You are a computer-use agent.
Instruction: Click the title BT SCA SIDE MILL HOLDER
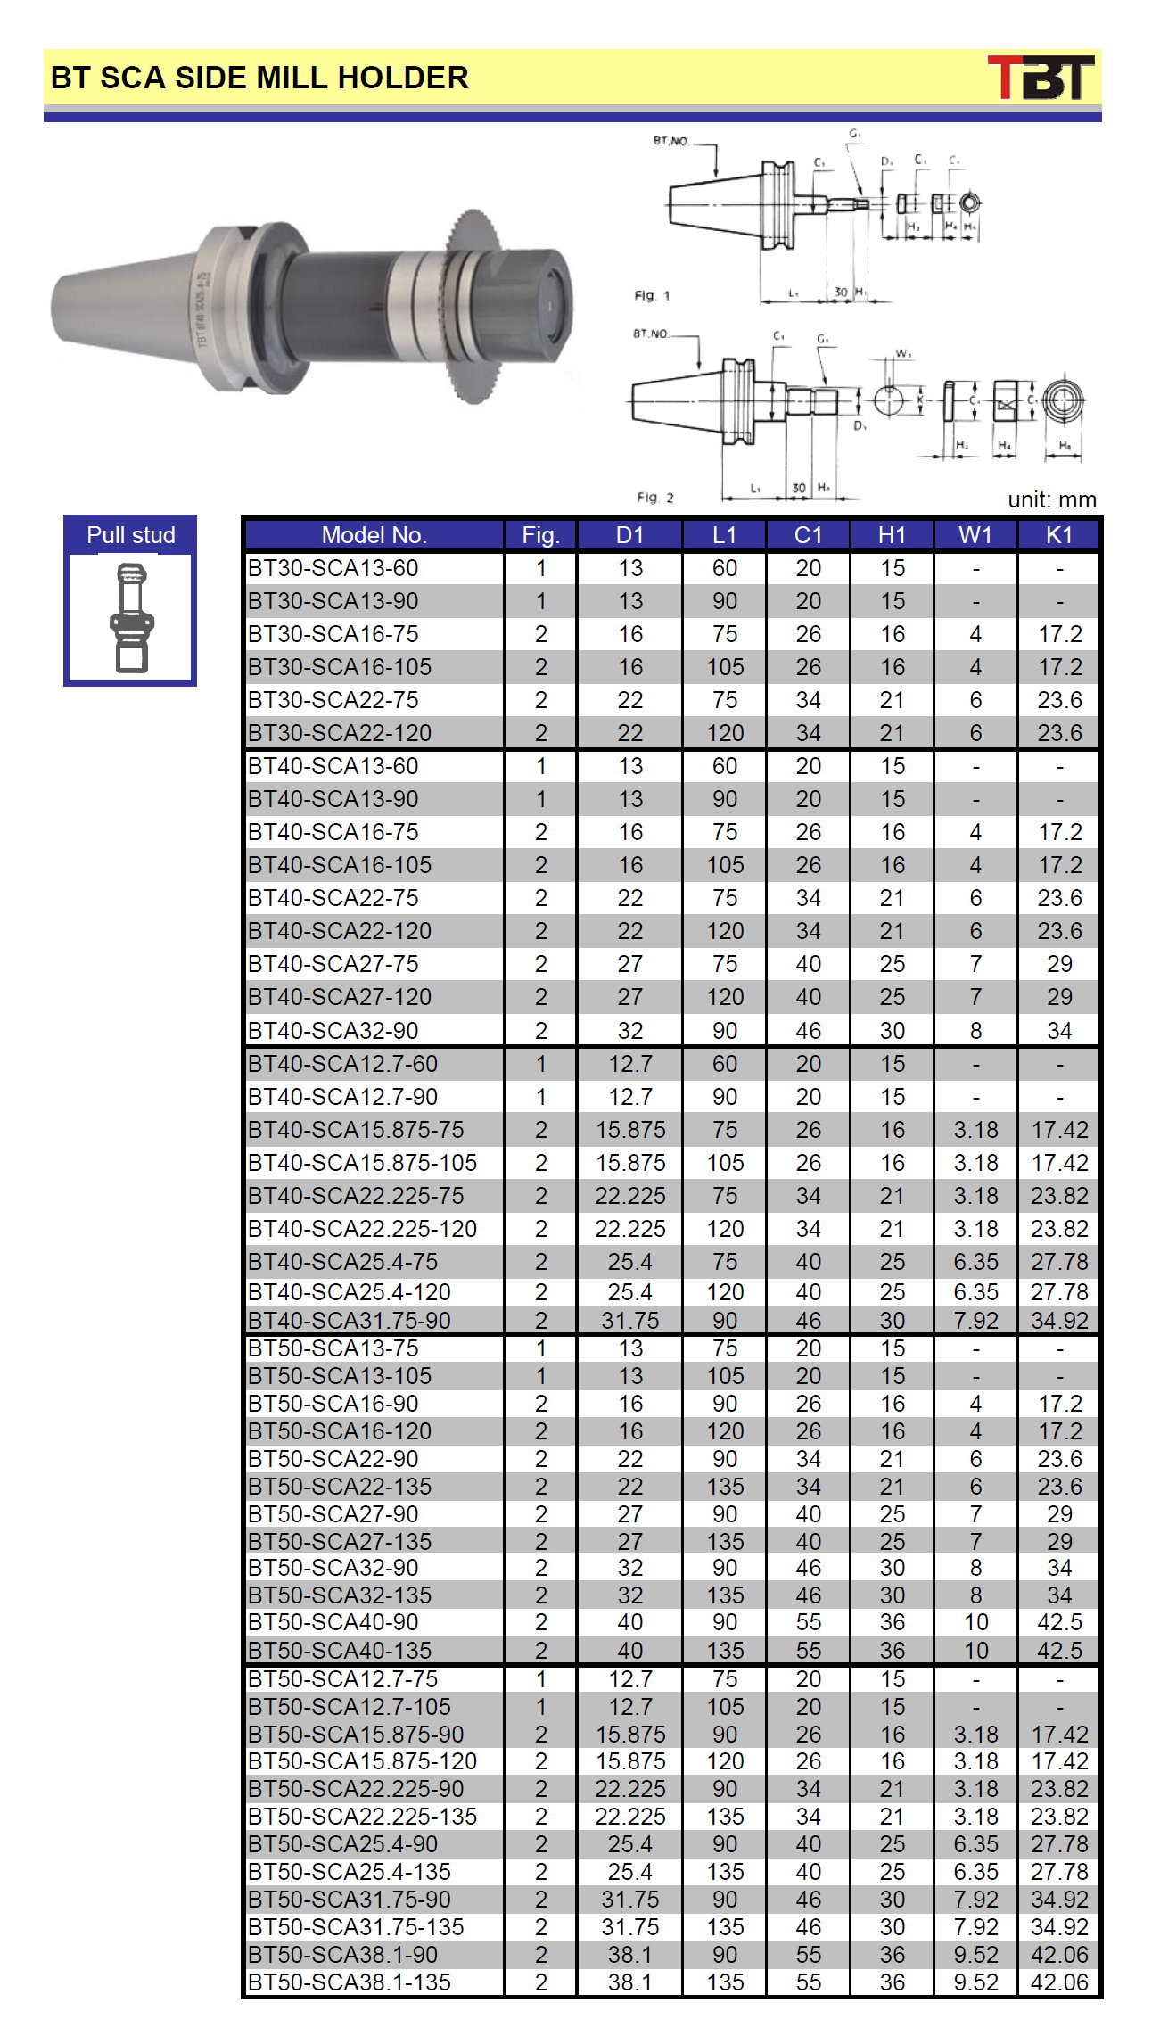point(259,78)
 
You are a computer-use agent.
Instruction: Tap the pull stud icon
point(131,617)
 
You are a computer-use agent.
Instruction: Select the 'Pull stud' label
point(130,535)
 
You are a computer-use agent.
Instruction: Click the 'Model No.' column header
point(374,535)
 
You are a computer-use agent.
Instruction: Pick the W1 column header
point(975,535)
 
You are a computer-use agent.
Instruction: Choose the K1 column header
point(1059,535)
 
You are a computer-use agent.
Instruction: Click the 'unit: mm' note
point(1051,499)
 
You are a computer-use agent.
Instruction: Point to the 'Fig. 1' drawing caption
point(652,295)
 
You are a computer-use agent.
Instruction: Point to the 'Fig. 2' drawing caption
point(655,497)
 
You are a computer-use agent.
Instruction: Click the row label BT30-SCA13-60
point(333,568)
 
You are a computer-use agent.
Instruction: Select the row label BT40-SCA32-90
point(333,1030)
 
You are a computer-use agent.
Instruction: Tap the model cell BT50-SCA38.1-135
point(350,1982)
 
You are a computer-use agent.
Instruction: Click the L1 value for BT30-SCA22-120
point(725,733)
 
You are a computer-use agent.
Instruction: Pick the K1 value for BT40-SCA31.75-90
point(1059,1321)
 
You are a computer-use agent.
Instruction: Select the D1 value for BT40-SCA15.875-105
point(630,1163)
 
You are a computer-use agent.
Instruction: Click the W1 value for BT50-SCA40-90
point(975,1622)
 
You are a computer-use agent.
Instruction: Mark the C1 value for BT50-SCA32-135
point(808,1595)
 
